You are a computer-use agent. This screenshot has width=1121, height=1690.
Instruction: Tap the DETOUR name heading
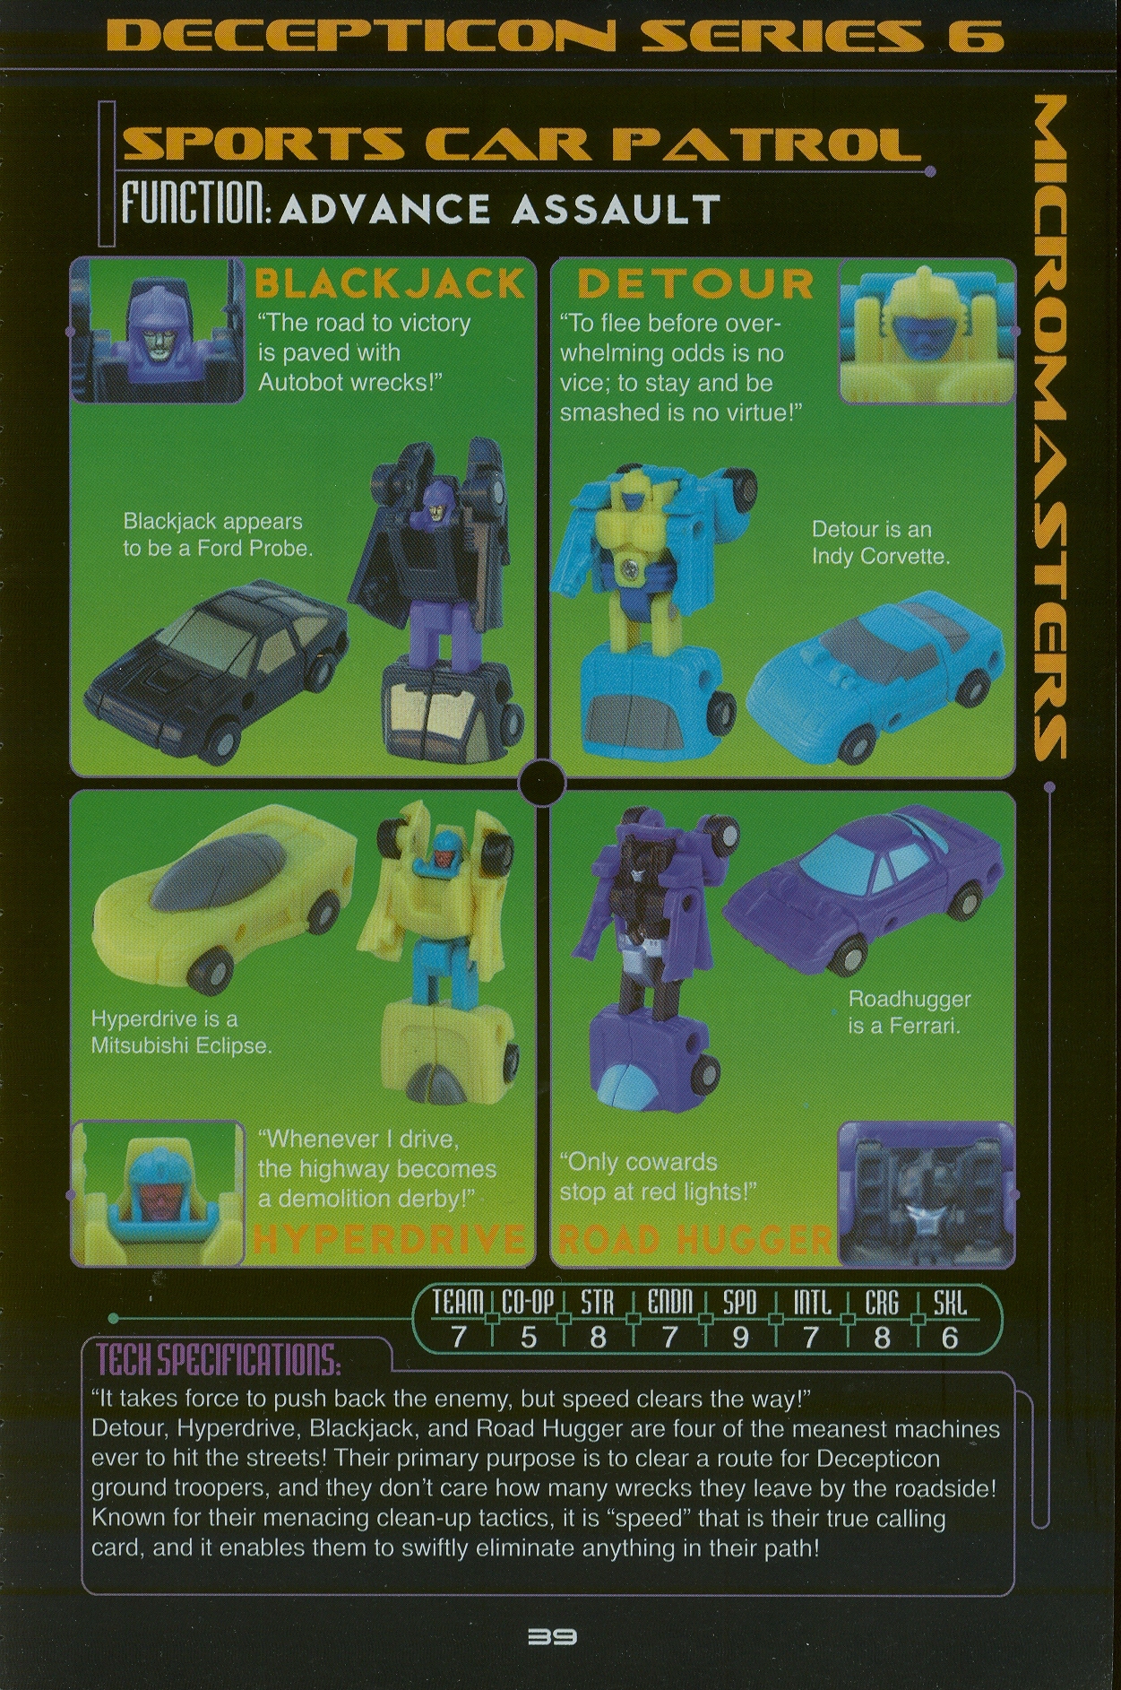[x=694, y=284]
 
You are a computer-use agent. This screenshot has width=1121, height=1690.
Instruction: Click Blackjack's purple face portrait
[x=158, y=329]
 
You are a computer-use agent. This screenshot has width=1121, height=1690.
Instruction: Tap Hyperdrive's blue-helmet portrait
[x=158, y=1192]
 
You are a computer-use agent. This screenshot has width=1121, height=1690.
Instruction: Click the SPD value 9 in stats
[x=740, y=1338]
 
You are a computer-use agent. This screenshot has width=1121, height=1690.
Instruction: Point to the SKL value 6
[x=950, y=1338]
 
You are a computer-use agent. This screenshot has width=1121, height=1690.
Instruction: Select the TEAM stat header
[x=458, y=1303]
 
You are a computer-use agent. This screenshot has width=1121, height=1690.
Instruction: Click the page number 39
[x=553, y=1636]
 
